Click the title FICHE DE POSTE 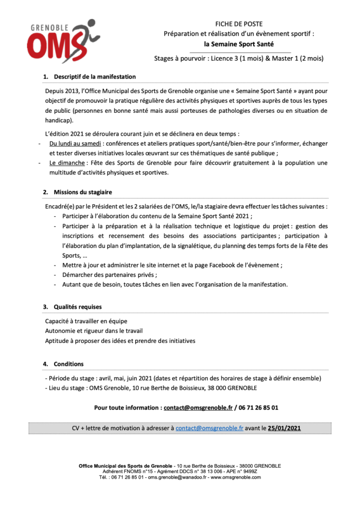(239, 24)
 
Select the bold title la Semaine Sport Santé (239, 44)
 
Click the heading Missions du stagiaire (83, 192)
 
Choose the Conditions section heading (69, 364)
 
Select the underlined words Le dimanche (67, 163)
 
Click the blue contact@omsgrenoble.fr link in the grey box (209, 427)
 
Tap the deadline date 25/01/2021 (284, 427)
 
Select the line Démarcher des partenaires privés (109, 274)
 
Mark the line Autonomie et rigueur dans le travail (93, 331)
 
